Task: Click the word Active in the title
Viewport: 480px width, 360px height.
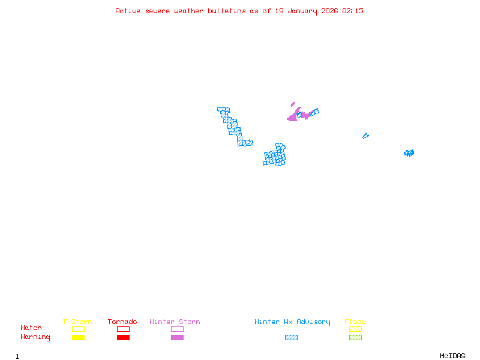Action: (128, 11)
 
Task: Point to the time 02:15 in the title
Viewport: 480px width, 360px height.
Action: (353, 11)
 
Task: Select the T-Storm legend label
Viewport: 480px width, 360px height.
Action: (77, 322)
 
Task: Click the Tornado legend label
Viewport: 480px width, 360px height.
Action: (122, 322)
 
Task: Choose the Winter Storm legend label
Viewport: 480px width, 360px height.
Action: (175, 322)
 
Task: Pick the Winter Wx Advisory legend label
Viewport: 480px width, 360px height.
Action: (292, 322)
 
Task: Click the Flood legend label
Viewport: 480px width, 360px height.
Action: (355, 322)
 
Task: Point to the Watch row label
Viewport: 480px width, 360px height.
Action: (31, 328)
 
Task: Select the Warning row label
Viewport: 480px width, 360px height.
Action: (35, 337)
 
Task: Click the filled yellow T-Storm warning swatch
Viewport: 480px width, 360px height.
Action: (78, 337)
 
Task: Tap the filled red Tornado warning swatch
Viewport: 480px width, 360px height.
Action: (123, 337)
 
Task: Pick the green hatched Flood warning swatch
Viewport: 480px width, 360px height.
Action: (355, 337)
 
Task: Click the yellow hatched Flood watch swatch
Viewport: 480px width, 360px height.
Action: (355, 329)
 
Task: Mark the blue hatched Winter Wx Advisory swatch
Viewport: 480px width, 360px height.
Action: (291, 337)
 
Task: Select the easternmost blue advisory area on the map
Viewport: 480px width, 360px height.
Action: (409, 153)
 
